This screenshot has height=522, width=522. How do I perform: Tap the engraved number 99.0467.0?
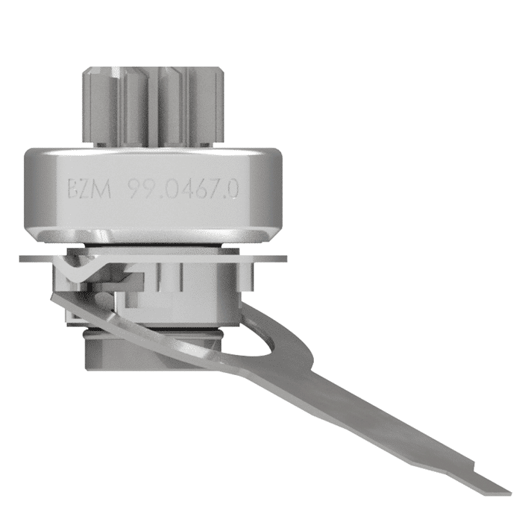[x=182, y=189]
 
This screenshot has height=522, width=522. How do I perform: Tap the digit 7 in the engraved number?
[x=217, y=189]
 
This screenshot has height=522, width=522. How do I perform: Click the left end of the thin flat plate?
[x=22, y=258]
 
